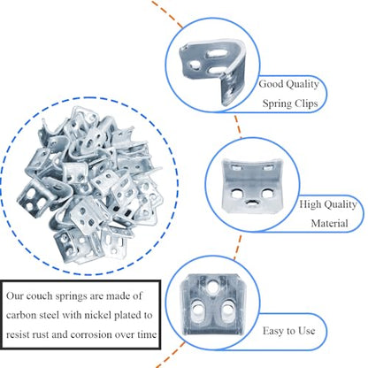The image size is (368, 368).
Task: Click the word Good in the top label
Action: (272, 84)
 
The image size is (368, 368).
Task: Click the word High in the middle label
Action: (311, 204)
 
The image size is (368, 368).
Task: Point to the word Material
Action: (330, 223)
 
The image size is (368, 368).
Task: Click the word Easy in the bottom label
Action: (274, 331)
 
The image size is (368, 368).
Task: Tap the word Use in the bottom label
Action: (306, 331)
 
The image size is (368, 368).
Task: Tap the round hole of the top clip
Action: (195, 65)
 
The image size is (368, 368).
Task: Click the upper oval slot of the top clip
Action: (217, 53)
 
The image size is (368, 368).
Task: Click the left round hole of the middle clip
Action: (236, 194)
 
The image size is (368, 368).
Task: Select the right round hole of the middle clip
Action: (267, 194)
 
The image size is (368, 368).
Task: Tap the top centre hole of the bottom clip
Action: (213, 287)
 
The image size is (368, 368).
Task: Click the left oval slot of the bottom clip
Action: (198, 310)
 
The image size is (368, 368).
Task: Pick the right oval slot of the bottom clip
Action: (227, 310)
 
